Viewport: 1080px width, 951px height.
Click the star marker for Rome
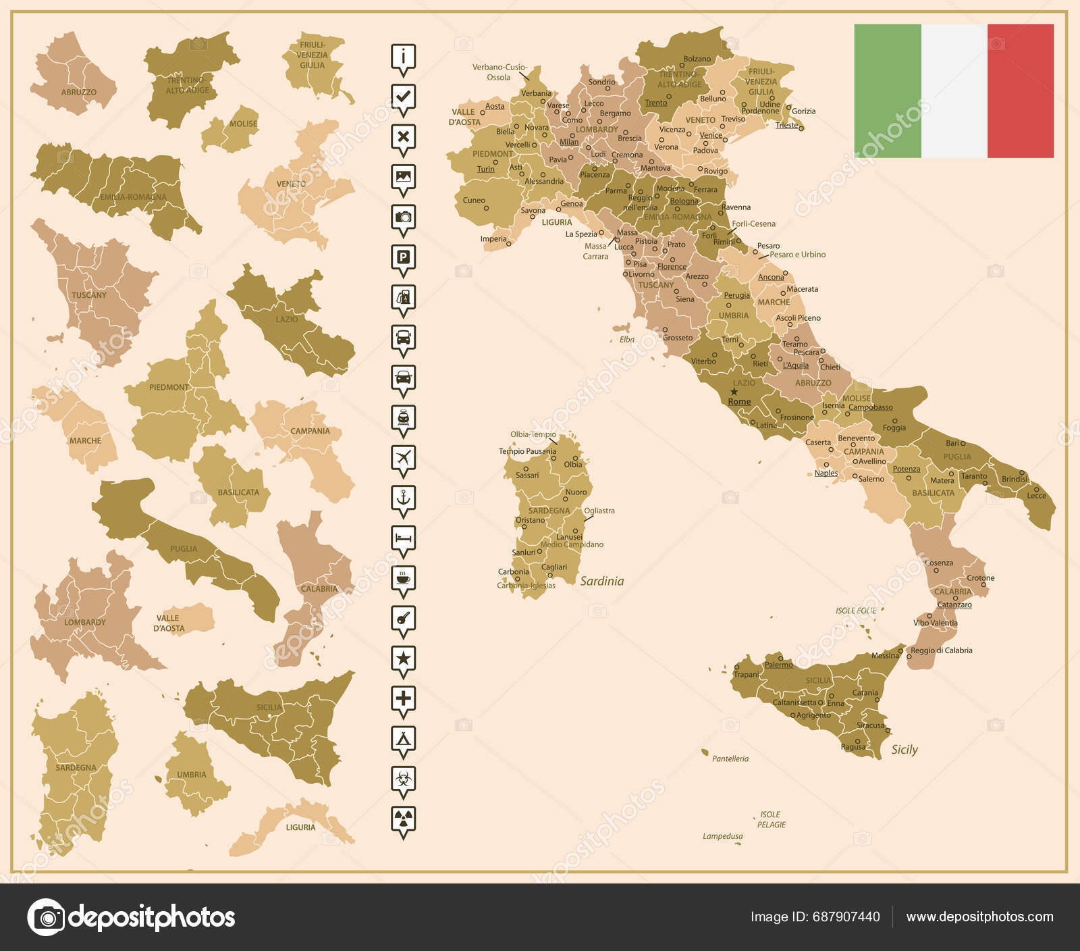[734, 392]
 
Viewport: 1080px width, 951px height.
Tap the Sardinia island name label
[601, 581]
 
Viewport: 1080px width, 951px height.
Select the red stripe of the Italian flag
[1020, 91]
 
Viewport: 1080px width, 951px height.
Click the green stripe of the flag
[887, 91]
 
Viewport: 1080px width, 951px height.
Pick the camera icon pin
[403, 217]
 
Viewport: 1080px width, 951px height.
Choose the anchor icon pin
[403, 498]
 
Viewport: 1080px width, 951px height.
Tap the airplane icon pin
[403, 457]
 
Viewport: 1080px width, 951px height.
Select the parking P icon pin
[403, 257]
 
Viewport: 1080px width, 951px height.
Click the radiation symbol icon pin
[403, 819]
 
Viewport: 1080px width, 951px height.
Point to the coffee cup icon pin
[403, 578]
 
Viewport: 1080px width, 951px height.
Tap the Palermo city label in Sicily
[778, 665]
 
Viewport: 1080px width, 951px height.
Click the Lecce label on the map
[1036, 496]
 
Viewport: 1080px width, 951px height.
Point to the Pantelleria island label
[730, 759]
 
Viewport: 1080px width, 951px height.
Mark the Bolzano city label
[697, 59]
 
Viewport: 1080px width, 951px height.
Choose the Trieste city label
[786, 125]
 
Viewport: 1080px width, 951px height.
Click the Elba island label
[627, 340]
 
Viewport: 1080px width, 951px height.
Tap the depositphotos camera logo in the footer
[47, 917]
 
